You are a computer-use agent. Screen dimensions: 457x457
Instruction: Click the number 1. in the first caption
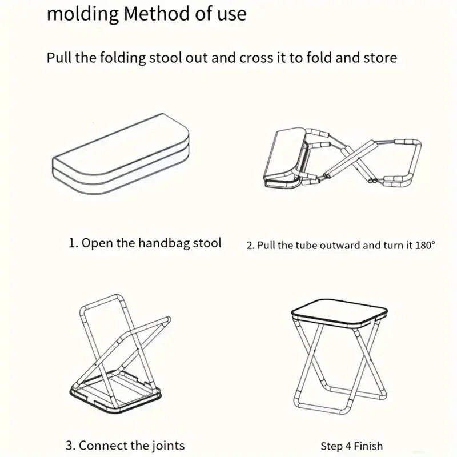coord(73,243)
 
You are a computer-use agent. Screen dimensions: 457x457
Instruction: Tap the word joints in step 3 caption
coord(166,445)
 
